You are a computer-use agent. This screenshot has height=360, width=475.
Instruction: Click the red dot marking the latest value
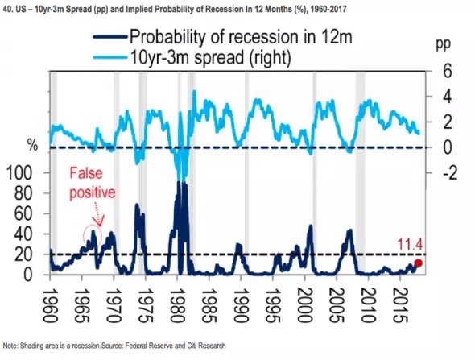pos(418,263)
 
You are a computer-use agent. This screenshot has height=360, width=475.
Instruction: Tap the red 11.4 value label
pos(412,244)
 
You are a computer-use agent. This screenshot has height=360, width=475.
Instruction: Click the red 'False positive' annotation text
pos(91,182)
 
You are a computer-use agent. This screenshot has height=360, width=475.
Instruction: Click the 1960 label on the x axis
pos(52,300)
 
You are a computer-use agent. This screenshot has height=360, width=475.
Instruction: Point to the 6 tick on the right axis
pos(442,70)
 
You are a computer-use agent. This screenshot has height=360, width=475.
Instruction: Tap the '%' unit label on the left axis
pos(33,145)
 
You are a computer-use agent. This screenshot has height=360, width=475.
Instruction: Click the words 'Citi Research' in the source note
pos(203,345)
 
